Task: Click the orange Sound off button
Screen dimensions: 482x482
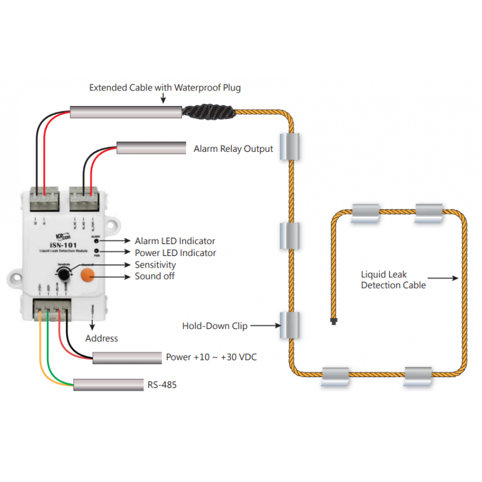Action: [89, 275]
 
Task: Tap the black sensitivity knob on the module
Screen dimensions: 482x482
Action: [62, 275]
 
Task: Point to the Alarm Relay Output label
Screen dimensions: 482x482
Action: [233, 149]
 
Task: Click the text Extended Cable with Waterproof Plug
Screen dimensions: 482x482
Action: [164, 87]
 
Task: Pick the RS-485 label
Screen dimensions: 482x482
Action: [162, 384]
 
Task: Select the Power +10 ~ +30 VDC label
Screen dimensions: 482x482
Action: [211, 357]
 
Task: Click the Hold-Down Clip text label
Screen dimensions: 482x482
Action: [214, 326]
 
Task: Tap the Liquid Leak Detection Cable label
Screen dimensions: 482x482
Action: [393, 279]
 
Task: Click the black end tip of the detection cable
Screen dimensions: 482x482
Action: [333, 322]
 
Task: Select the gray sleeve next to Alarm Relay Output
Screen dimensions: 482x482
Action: [151, 148]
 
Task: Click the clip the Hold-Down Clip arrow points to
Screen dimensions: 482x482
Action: [290, 325]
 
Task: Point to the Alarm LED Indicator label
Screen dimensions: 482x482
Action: [175, 241]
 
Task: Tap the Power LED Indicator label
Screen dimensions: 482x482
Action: [175, 253]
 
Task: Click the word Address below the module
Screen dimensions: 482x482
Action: [102, 338]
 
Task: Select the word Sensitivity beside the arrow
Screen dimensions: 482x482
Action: [155, 264]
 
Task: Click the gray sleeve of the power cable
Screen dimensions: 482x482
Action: [126, 357]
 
